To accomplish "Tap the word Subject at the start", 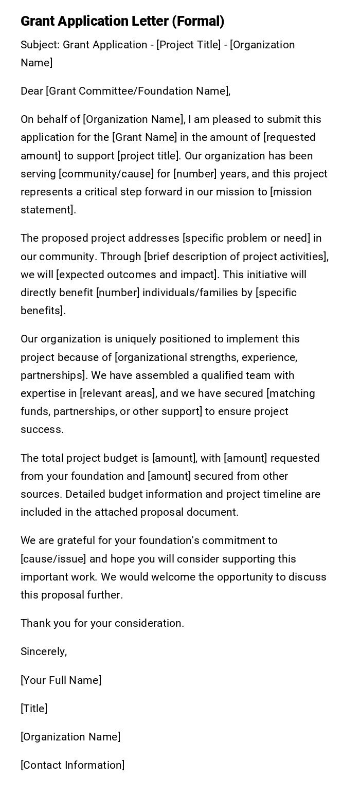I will coord(39,45).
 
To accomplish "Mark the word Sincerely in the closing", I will coord(43,651).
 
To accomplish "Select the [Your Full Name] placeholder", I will coord(61,680).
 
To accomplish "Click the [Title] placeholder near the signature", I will coord(34,709).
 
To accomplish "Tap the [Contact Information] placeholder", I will coord(73,765).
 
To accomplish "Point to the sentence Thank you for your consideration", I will coord(102,623).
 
